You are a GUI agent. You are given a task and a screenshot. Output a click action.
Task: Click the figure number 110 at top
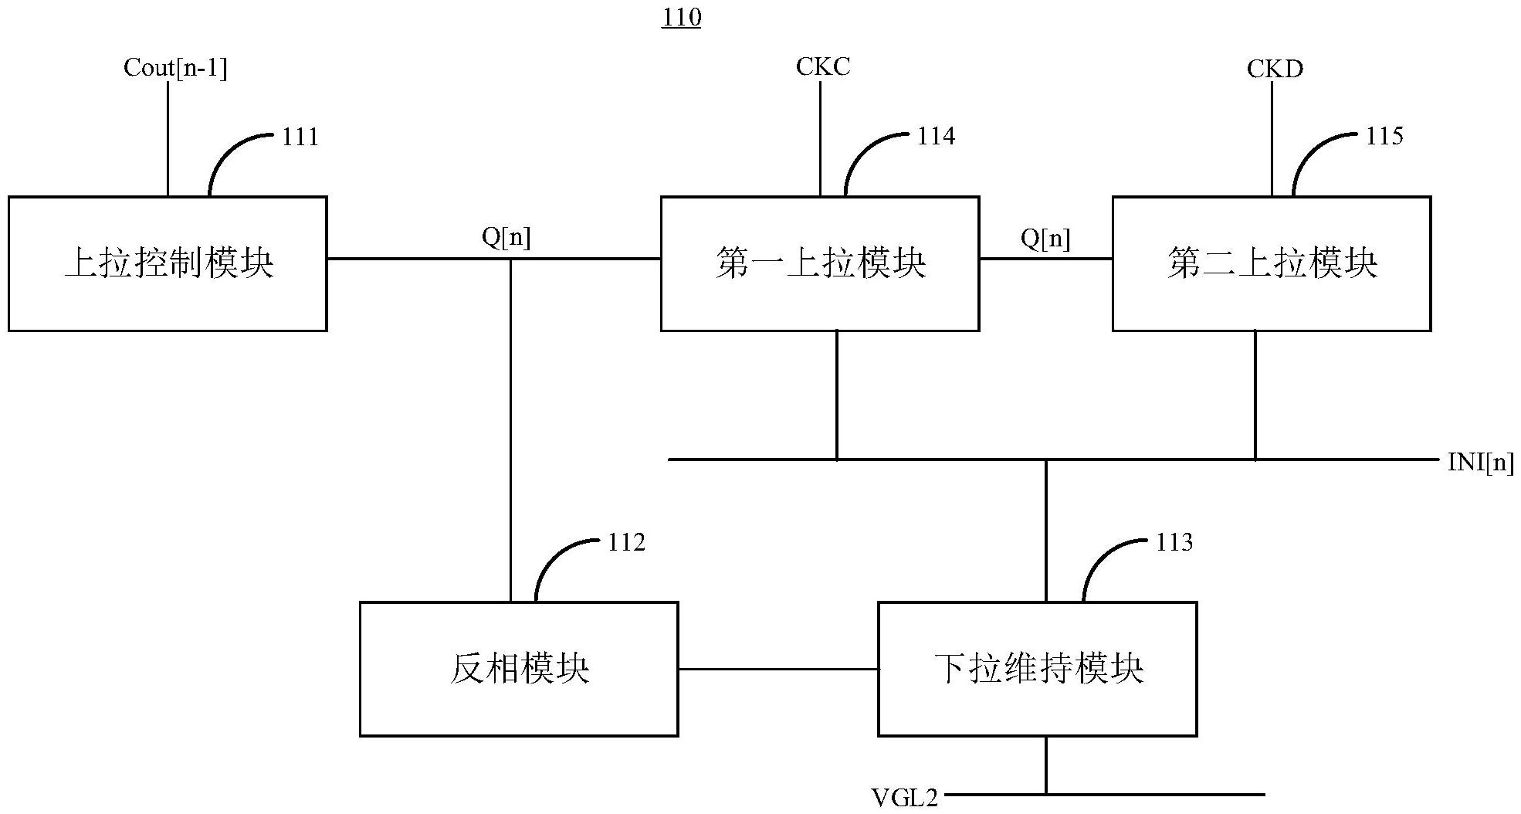coord(681,17)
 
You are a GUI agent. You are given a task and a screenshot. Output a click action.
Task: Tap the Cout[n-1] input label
coord(175,69)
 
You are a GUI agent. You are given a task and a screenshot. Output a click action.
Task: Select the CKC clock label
coord(823,67)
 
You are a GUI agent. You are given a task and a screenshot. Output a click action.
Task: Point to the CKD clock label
coord(1275,70)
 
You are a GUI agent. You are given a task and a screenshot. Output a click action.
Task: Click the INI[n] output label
coord(1480,463)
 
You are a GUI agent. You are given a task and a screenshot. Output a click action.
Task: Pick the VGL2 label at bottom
coord(904,797)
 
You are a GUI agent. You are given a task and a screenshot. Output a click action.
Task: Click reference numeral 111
coord(300,137)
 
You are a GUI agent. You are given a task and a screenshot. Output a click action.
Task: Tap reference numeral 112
coord(625,543)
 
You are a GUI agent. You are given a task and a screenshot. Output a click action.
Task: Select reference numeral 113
coord(1174,543)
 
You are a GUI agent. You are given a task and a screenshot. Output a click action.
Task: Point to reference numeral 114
coord(936,137)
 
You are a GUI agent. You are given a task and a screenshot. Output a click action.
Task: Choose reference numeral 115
coord(1384,137)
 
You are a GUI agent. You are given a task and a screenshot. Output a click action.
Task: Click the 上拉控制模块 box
coord(168,263)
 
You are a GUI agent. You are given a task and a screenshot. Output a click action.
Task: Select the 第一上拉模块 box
coord(820,263)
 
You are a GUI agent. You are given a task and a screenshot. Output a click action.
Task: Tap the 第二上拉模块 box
coord(1271,263)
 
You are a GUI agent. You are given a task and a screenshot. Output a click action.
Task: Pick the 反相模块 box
coord(519,669)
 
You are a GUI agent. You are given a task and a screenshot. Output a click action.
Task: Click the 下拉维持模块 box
coord(1038,669)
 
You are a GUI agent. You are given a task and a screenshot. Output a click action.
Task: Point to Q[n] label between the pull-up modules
coord(1045,239)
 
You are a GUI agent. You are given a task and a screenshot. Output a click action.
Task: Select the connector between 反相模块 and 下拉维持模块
coord(778,669)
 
